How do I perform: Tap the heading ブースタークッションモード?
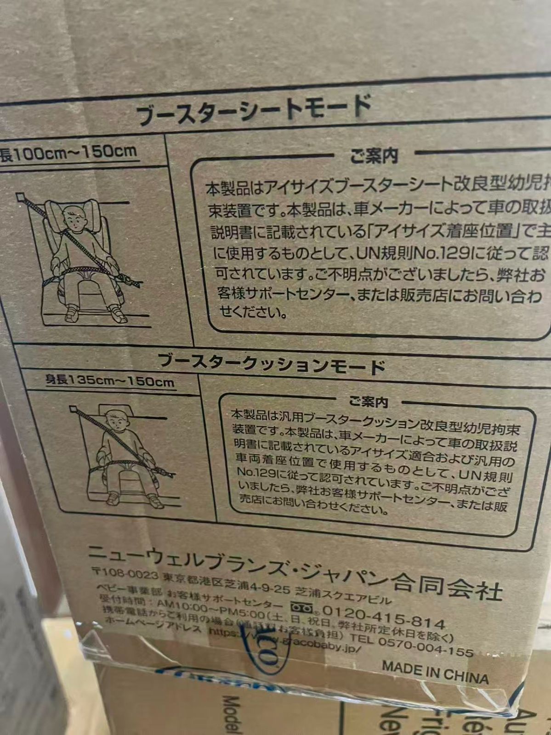click(x=271, y=363)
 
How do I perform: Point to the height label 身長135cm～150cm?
click(x=109, y=381)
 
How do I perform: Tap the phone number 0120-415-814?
click(x=383, y=616)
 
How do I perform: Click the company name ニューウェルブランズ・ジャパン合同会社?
click(x=294, y=570)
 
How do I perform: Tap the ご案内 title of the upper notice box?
click(x=373, y=156)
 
